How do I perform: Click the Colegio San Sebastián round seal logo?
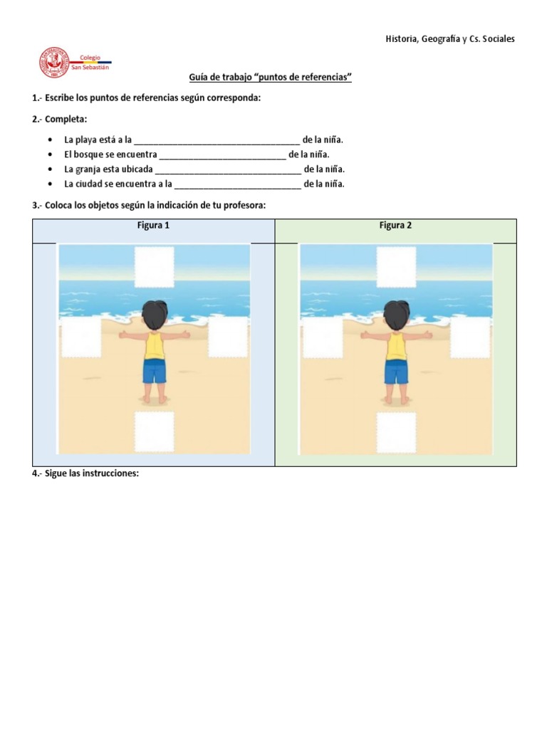(x=53, y=63)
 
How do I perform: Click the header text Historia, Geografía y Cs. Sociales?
(x=449, y=38)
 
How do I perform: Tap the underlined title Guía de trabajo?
(x=270, y=77)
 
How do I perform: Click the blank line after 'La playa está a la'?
(x=217, y=141)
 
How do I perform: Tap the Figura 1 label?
(x=153, y=226)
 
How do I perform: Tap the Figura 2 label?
(x=395, y=226)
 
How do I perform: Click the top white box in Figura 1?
(x=155, y=266)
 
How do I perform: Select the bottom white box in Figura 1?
(x=155, y=431)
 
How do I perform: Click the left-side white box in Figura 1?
(x=80, y=337)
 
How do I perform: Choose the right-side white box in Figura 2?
(x=470, y=337)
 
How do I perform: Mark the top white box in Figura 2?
(x=397, y=266)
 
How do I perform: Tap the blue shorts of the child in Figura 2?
(x=396, y=372)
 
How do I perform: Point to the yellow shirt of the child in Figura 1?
(x=155, y=346)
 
